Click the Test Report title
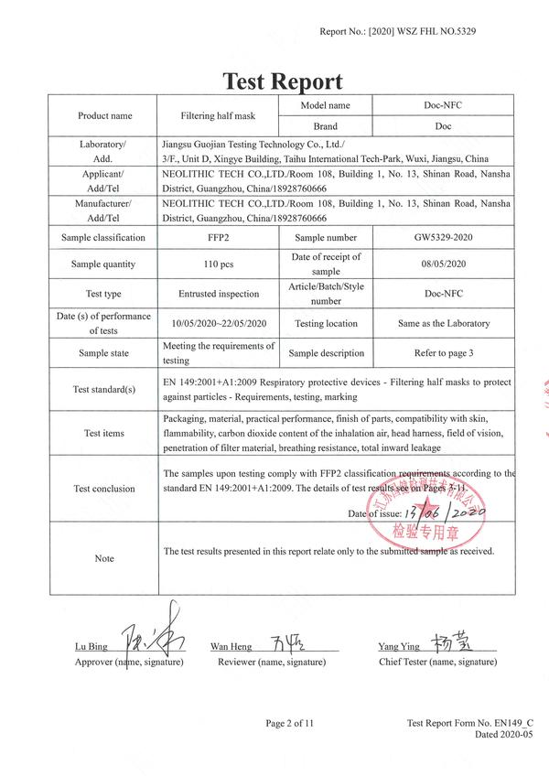[283, 81]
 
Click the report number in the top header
[398, 32]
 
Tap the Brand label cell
[325, 126]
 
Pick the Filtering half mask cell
[219, 116]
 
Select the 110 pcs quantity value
[219, 264]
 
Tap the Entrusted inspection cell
[219, 294]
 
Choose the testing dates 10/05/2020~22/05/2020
[219, 324]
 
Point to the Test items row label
[104, 434]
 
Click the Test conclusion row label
[104, 489]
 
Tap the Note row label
[104, 558]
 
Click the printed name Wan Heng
[231, 647]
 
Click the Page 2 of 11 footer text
[290, 724]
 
